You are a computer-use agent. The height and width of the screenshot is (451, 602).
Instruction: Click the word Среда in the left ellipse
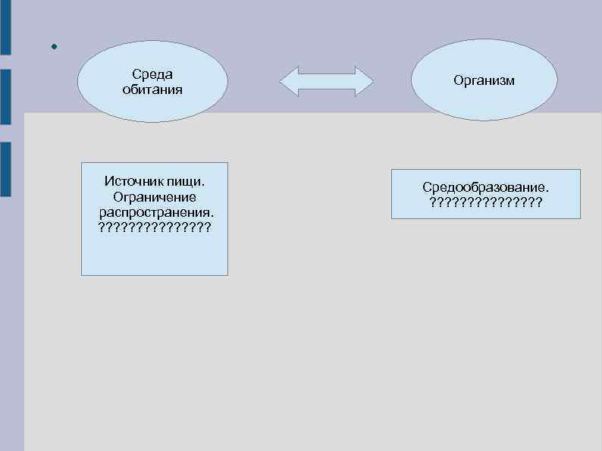tap(152, 74)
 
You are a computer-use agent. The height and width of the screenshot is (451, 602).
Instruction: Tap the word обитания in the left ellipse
tap(152, 89)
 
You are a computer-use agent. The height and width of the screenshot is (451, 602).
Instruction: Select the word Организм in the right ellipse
tap(484, 80)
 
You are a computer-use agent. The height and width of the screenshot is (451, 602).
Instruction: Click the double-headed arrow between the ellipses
tap(327, 81)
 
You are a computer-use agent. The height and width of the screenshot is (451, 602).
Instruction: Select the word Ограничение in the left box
tap(155, 197)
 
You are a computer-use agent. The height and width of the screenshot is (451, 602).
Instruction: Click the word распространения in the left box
tap(154, 211)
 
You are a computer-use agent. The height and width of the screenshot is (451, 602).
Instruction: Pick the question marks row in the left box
tap(155, 227)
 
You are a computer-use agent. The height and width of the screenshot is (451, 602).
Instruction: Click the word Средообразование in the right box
tap(485, 187)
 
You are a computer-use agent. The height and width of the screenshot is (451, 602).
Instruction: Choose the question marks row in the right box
tap(486, 202)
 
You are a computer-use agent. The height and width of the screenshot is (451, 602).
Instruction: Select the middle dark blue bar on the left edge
tap(5, 96)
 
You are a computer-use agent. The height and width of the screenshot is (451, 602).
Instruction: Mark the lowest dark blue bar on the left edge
tap(5, 169)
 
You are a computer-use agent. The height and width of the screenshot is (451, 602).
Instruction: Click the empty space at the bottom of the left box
tap(155, 256)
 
